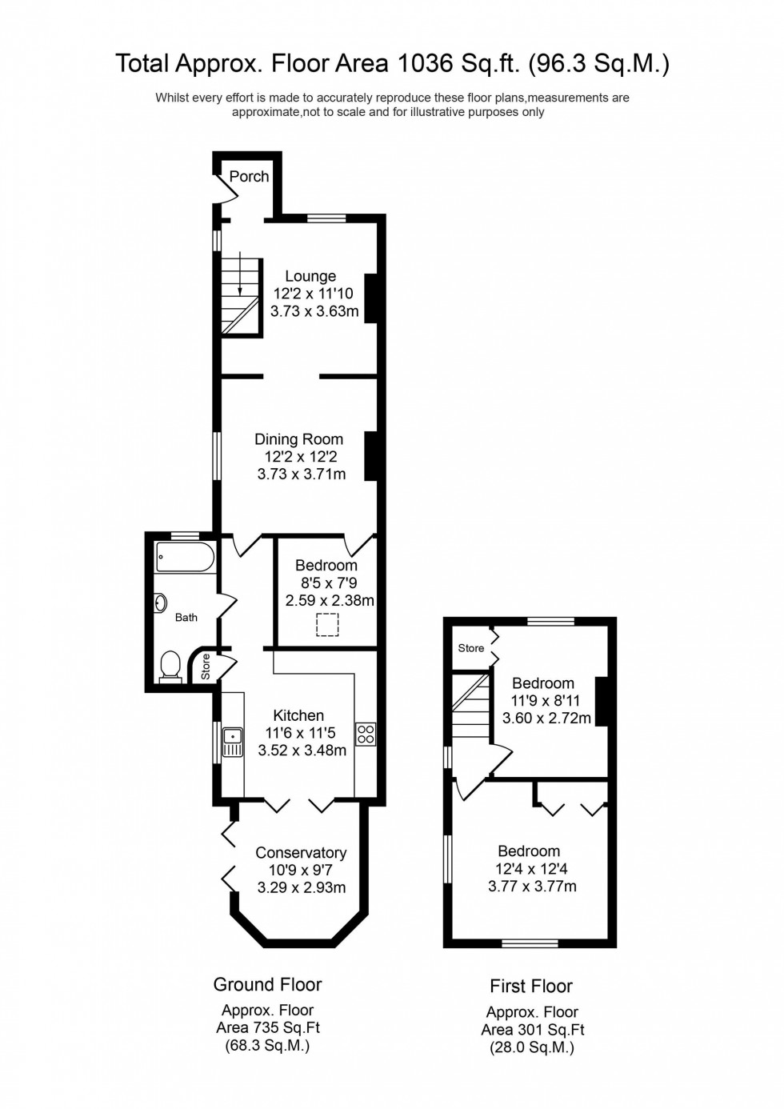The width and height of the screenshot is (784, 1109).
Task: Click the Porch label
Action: [x=249, y=176]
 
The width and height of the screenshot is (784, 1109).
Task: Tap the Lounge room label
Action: [x=310, y=276]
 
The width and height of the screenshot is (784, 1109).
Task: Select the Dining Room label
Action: [x=298, y=439]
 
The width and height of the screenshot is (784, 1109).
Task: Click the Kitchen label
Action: [x=298, y=715]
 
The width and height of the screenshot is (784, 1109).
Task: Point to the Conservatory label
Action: [x=301, y=853]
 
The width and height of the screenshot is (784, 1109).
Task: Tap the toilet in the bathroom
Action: [x=170, y=666]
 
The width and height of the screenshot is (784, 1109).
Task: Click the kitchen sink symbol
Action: [x=233, y=742]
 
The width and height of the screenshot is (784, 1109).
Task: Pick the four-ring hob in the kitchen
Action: [x=366, y=734]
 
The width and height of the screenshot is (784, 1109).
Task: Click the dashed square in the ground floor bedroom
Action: [x=327, y=624]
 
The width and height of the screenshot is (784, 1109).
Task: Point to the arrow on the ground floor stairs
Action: [x=240, y=275]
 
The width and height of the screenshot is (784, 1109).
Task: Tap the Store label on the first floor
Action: [x=470, y=648]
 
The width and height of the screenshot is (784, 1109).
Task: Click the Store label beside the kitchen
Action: [x=206, y=667]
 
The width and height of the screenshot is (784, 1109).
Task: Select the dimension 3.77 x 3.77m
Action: [x=532, y=886]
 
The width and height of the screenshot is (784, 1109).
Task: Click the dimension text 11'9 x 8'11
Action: [x=546, y=700]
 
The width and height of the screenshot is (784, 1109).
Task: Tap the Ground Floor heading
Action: [x=267, y=984]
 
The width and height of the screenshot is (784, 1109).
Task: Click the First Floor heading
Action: [x=531, y=986]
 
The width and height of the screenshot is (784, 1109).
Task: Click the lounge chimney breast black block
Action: [x=370, y=298]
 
